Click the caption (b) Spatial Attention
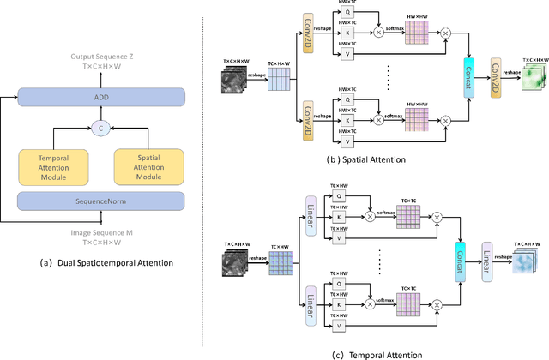395,160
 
